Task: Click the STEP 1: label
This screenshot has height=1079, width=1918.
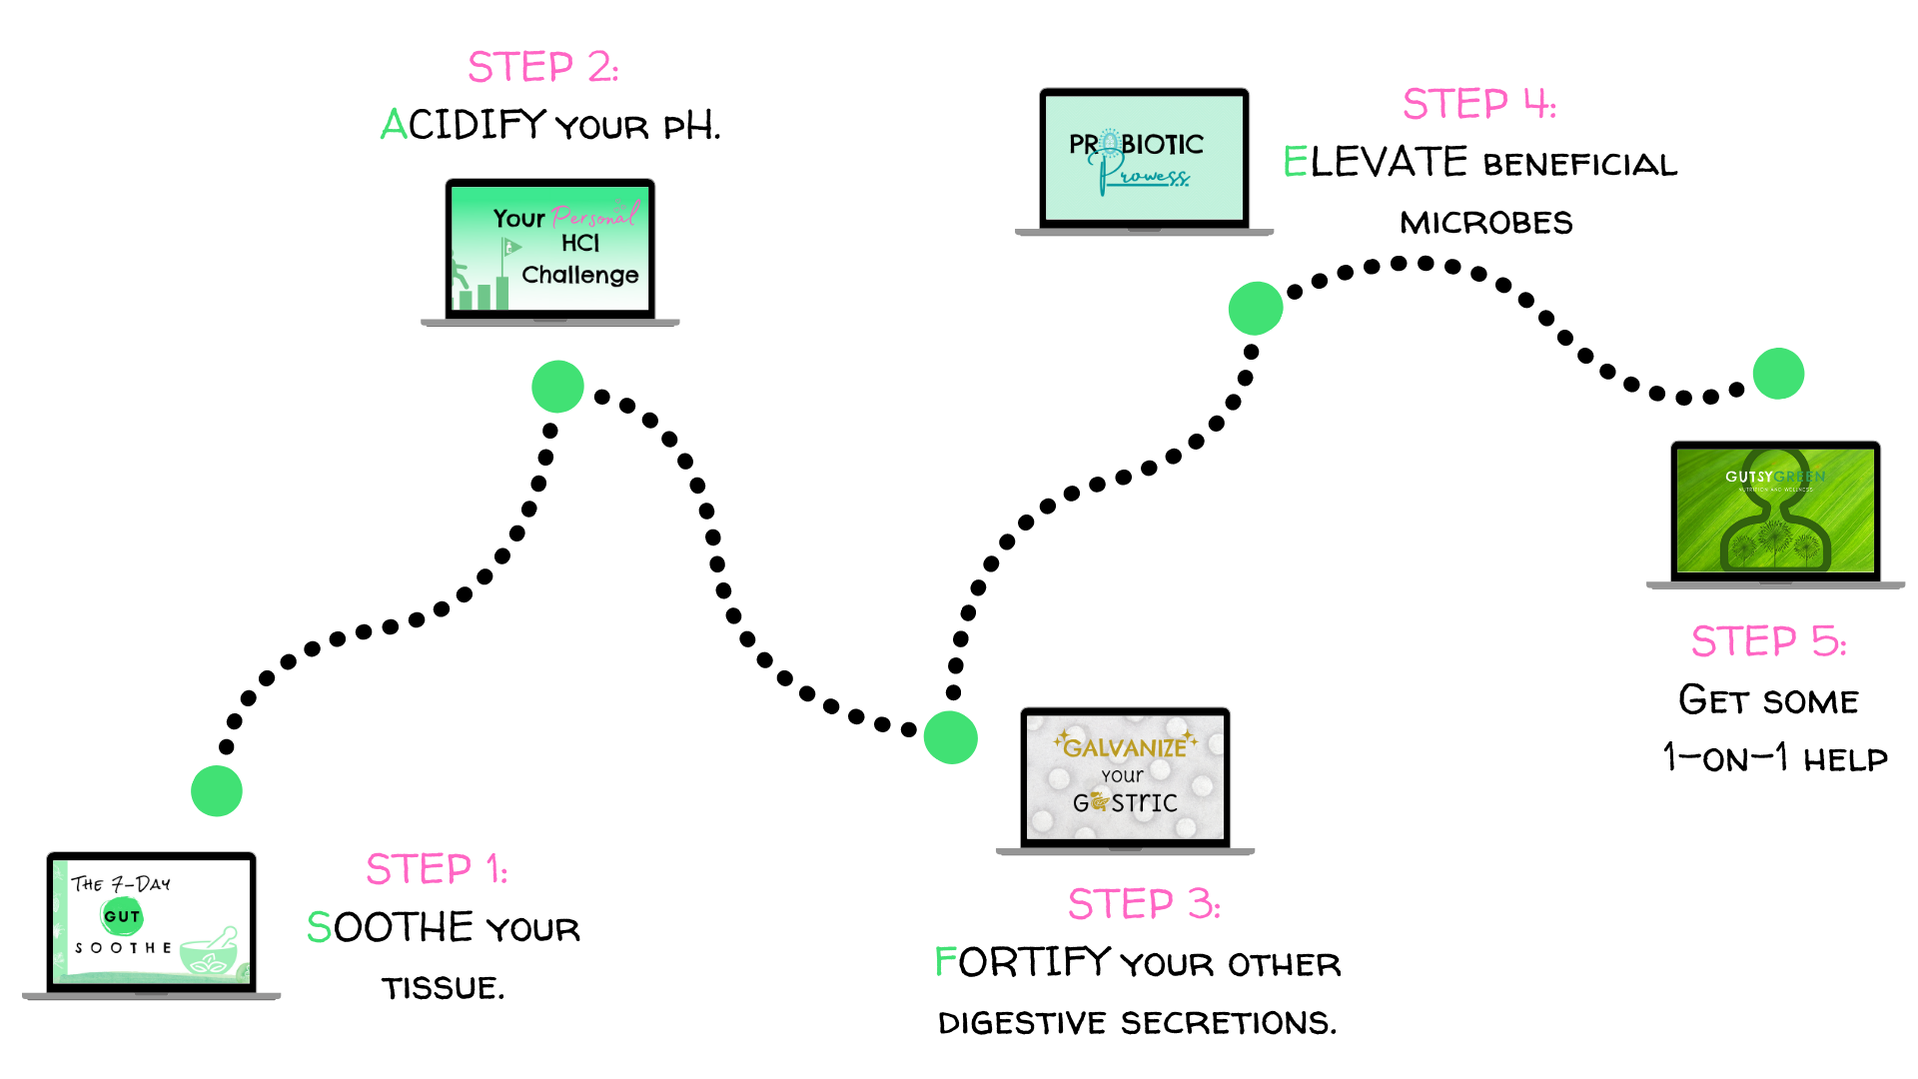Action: tap(437, 869)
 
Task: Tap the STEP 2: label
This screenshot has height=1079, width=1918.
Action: tap(542, 67)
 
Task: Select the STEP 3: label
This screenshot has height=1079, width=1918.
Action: tap(1144, 904)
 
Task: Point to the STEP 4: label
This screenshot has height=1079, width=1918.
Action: tap(1478, 104)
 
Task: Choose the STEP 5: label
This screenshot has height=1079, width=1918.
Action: tap(1768, 641)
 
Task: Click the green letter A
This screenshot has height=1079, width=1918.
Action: tap(394, 125)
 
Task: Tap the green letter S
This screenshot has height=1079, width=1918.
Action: tap(319, 927)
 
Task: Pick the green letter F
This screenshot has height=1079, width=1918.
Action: tap(945, 961)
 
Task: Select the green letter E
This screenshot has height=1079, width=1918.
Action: tap(1295, 161)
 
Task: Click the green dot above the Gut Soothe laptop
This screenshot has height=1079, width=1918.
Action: tap(217, 791)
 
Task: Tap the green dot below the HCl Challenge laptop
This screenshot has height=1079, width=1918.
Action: tap(557, 387)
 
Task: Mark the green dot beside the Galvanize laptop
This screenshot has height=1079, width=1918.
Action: tap(950, 737)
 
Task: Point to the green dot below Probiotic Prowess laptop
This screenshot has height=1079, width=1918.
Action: tap(1256, 308)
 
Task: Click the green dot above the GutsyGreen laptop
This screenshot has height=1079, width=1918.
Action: tap(1778, 374)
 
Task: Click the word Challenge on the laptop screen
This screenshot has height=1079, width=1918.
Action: tap(579, 275)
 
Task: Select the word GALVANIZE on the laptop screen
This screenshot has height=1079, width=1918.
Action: tap(1125, 747)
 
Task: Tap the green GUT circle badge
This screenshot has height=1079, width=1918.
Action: tap(122, 916)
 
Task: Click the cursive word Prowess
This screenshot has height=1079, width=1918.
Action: tap(1151, 177)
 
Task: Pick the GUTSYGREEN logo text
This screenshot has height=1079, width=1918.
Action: tap(1774, 477)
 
